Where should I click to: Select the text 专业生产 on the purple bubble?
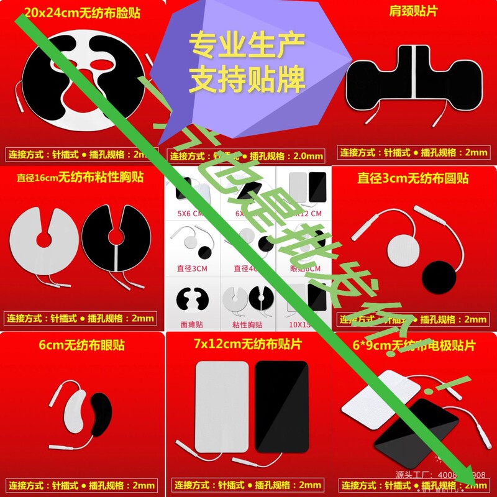tap(247, 45)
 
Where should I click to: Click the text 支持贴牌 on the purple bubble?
tap(247, 80)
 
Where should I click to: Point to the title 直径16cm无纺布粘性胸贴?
tap(81, 178)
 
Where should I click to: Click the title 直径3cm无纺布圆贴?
tap(413, 178)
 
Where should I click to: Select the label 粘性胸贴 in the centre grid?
tap(246, 324)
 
